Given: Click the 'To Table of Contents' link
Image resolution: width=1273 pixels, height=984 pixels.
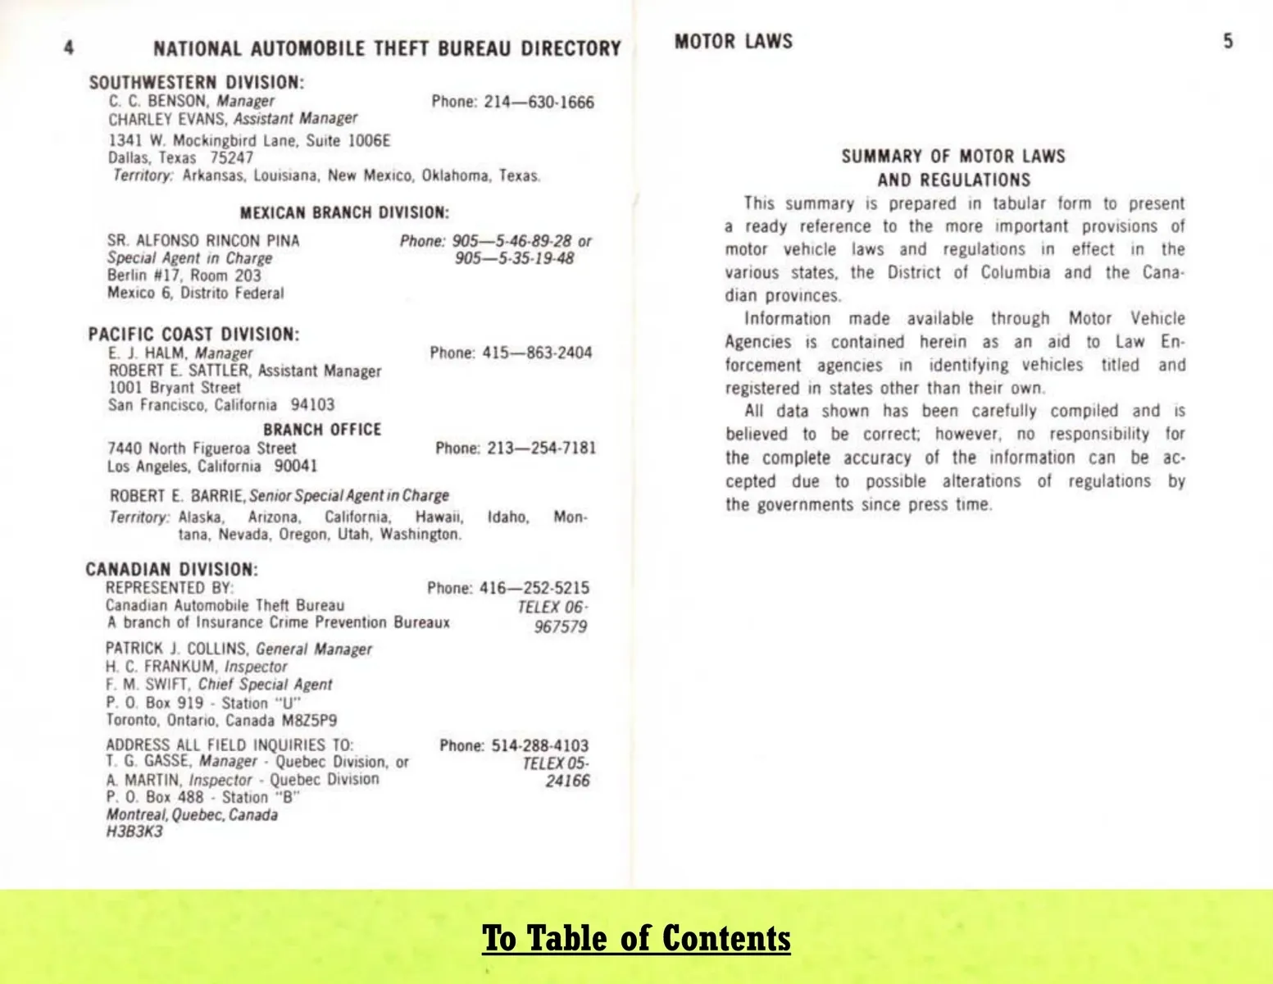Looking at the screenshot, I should pos(636,938).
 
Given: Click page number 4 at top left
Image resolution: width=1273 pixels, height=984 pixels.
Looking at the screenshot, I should pos(69,48).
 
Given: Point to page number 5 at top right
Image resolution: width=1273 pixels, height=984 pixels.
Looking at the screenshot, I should pos(1227,41).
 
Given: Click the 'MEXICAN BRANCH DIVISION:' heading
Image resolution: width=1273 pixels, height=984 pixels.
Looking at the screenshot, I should pos(344,213).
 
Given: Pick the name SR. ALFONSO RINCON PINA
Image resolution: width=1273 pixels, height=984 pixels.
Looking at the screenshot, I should pos(203,241).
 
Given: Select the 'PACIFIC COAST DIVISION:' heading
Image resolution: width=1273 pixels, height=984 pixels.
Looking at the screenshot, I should pos(193,335).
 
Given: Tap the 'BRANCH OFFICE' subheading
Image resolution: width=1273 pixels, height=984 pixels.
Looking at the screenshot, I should pos(322,430).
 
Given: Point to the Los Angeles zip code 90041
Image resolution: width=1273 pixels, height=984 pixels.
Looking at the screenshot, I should pos(295,467).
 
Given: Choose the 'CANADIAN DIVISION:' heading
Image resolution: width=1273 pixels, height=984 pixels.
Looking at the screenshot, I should pos(171,570).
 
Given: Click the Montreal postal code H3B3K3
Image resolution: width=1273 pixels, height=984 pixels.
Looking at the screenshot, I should pos(134,832).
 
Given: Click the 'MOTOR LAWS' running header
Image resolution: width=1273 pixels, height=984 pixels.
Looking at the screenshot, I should pos(734,42).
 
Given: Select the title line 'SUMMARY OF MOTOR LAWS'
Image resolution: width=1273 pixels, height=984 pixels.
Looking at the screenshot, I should pos(953,157).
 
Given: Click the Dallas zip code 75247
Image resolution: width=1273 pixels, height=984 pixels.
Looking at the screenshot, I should pos(232,158).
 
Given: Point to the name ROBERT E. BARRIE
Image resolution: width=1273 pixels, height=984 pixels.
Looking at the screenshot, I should pos(177,496).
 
